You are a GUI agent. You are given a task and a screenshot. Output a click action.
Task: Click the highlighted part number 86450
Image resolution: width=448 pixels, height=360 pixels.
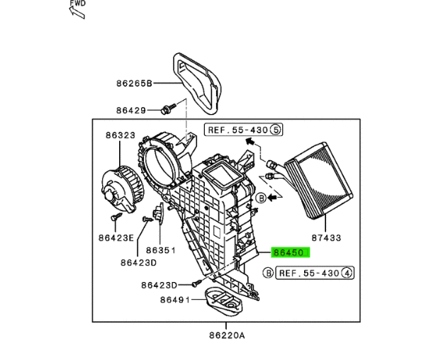289,252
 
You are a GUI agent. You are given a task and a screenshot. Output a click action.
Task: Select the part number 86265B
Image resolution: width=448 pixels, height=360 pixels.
134,84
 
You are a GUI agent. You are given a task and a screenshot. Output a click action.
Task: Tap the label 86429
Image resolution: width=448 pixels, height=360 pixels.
131,111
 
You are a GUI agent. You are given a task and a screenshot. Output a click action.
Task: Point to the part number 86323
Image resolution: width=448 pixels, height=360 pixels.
121,135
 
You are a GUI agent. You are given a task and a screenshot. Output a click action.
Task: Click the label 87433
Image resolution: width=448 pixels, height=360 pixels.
326,237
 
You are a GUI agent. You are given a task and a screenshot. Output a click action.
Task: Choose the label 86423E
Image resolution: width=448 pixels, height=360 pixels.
116,237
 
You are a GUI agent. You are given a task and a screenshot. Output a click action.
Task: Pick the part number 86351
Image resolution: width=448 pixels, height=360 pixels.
161,250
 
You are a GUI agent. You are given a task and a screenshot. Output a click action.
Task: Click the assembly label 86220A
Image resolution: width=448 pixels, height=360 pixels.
227,335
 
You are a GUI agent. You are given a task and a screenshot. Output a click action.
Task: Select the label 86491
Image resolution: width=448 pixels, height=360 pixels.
175,300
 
